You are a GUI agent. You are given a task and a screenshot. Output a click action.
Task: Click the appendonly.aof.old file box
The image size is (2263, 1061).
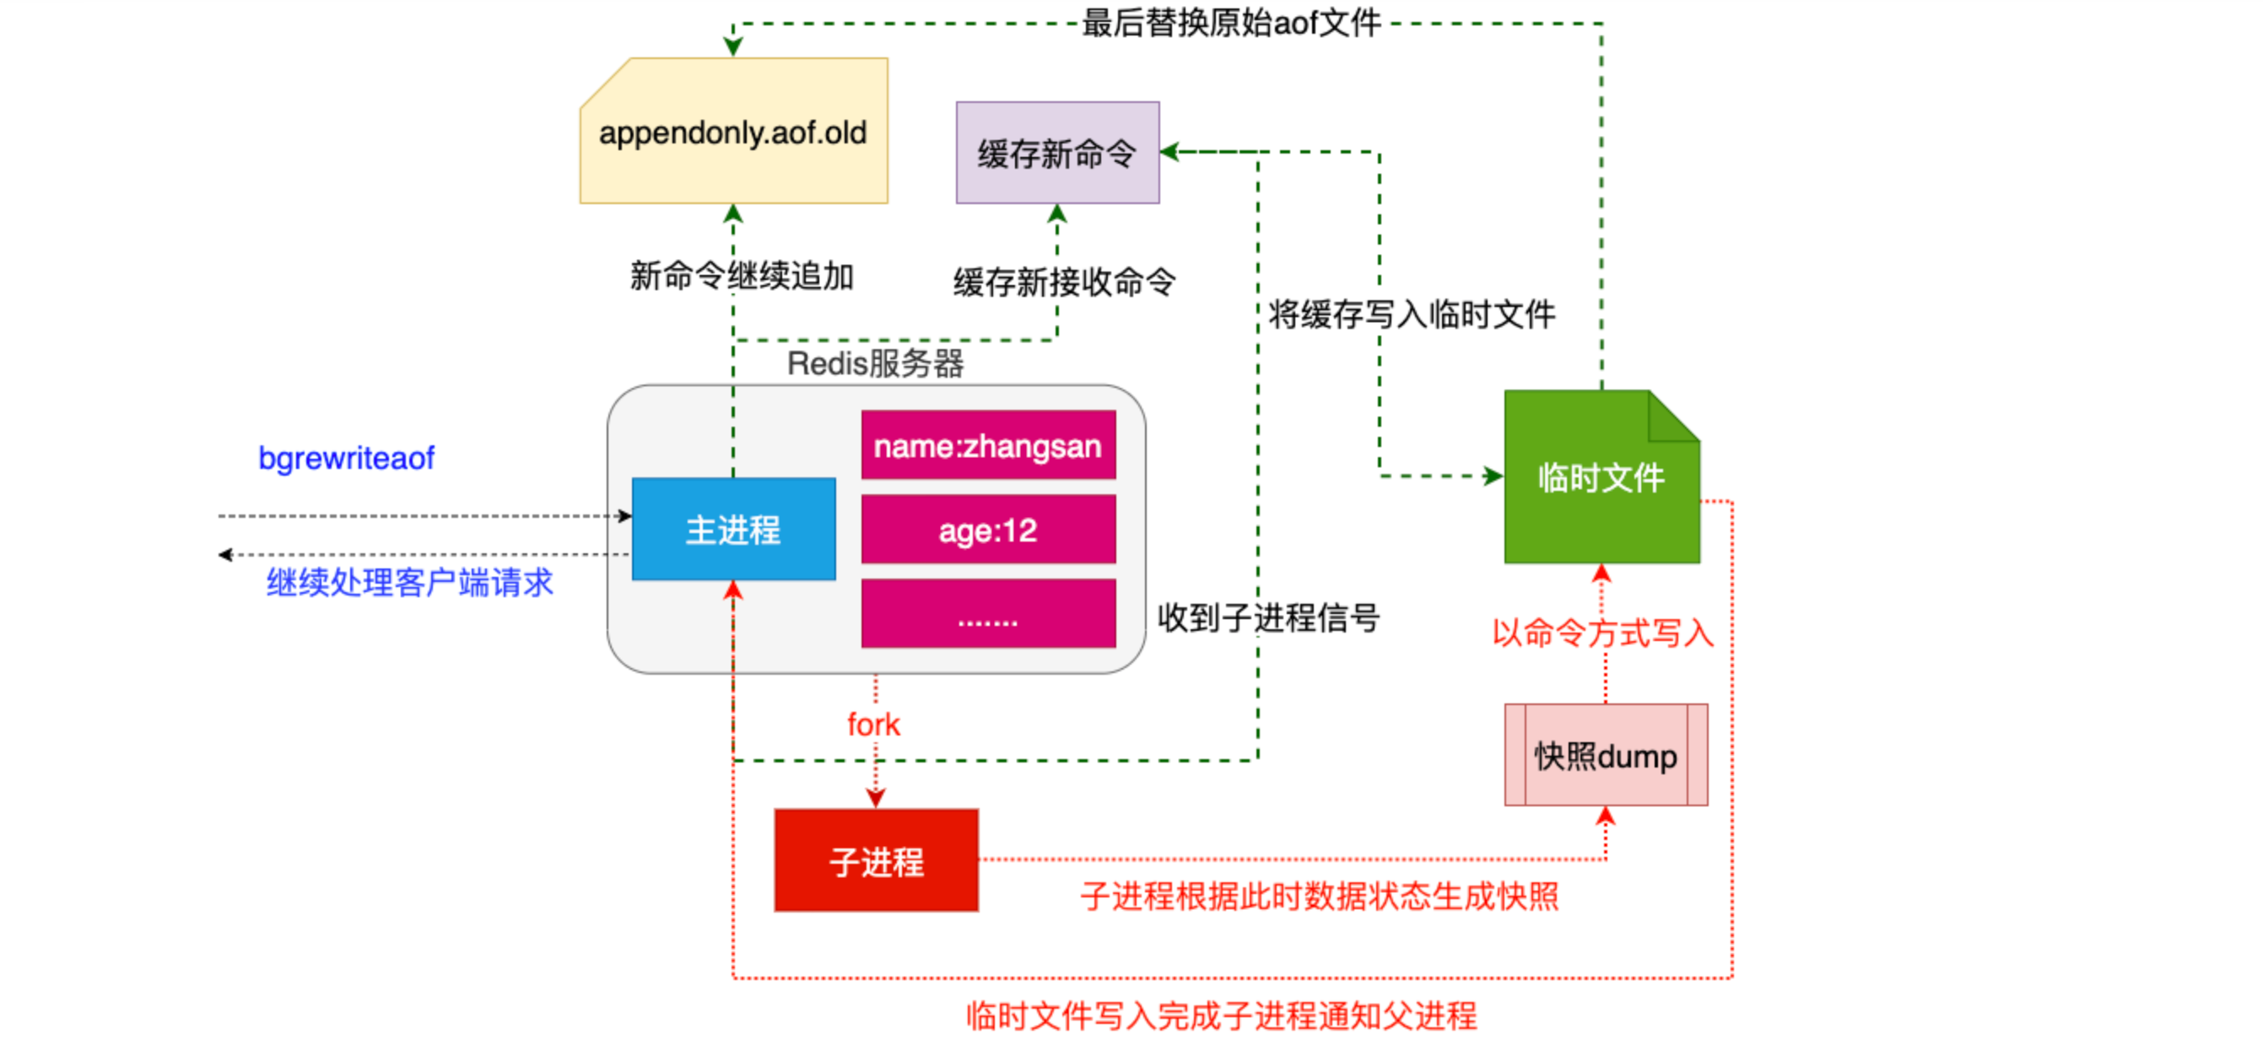pos(733,131)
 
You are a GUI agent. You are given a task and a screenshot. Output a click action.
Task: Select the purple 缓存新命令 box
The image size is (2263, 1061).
pos(1058,153)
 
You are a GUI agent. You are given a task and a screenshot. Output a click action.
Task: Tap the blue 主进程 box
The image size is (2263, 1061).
pos(733,529)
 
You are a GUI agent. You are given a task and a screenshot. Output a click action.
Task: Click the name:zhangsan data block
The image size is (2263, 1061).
pos(988,445)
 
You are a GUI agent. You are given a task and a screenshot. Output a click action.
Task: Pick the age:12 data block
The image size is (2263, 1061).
pos(988,530)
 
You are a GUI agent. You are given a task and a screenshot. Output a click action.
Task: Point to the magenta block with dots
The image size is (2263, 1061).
pos(988,614)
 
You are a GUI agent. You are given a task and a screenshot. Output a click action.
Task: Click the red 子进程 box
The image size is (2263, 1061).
pos(877,861)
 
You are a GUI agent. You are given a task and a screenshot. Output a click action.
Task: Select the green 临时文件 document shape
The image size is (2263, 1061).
pos(1602,477)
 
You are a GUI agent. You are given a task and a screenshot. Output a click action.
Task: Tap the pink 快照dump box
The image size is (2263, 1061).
pos(1606,756)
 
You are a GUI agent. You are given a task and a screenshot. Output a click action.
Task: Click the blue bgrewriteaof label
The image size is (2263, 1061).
pos(346,459)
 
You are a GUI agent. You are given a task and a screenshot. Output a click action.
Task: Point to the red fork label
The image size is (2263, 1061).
pos(874,724)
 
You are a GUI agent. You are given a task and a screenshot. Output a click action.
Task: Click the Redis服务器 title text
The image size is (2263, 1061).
pos(875,363)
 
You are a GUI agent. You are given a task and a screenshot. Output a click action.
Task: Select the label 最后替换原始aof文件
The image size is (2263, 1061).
pos(1232,23)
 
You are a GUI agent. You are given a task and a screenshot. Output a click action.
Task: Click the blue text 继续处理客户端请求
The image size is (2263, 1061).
pos(410,581)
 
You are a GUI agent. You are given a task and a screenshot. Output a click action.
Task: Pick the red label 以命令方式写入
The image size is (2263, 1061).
pos(1603,633)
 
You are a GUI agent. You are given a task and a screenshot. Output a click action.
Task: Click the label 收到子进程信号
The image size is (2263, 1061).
pos(1268,617)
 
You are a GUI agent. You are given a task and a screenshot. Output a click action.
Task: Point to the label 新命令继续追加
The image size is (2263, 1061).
pos(743,276)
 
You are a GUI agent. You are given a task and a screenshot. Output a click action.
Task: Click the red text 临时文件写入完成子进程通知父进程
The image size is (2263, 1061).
pos(1222,1015)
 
